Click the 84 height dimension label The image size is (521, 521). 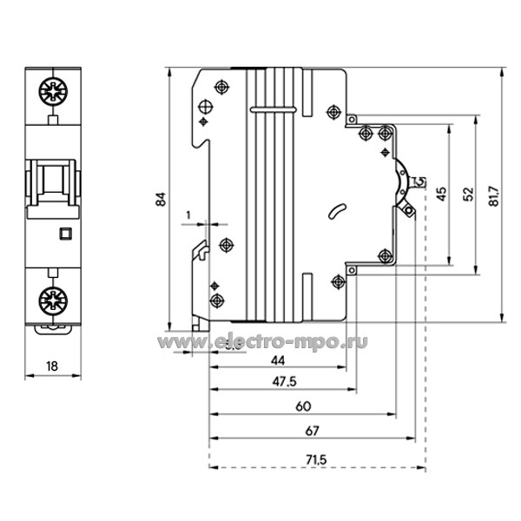(x=161, y=200)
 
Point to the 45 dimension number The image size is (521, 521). (x=441, y=195)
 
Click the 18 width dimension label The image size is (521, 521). (x=50, y=366)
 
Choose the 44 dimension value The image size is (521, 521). (x=277, y=359)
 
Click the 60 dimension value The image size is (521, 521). (x=302, y=406)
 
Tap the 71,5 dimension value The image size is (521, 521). (x=317, y=458)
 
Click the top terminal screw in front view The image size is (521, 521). (x=51, y=90)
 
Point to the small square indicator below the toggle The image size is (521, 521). (x=63, y=233)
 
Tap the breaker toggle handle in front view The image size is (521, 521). (x=51, y=184)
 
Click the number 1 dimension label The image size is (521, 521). (x=188, y=214)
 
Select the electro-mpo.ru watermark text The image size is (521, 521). (x=279, y=342)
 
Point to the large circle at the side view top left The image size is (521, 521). (x=206, y=108)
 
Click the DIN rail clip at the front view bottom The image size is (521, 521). (x=51, y=327)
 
